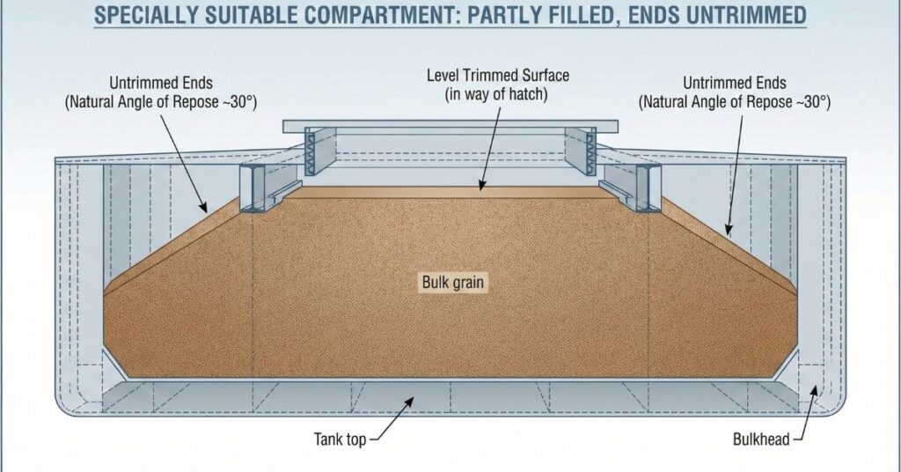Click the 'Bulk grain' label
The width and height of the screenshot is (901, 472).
(x=453, y=283)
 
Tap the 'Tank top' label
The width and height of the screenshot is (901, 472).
(x=340, y=439)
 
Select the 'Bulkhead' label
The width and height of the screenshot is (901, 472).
(x=761, y=439)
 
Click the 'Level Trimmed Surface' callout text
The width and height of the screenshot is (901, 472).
(x=498, y=76)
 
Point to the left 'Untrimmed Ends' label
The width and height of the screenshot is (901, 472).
(x=161, y=83)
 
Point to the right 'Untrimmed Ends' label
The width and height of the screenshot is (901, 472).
(x=735, y=83)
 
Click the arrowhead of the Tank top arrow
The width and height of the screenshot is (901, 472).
(x=409, y=400)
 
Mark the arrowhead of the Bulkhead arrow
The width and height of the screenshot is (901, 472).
(x=814, y=390)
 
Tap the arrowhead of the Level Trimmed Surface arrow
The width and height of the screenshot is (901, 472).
(x=482, y=185)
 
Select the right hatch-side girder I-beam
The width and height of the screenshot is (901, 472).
(x=642, y=188)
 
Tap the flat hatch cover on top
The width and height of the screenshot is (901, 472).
(x=450, y=127)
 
